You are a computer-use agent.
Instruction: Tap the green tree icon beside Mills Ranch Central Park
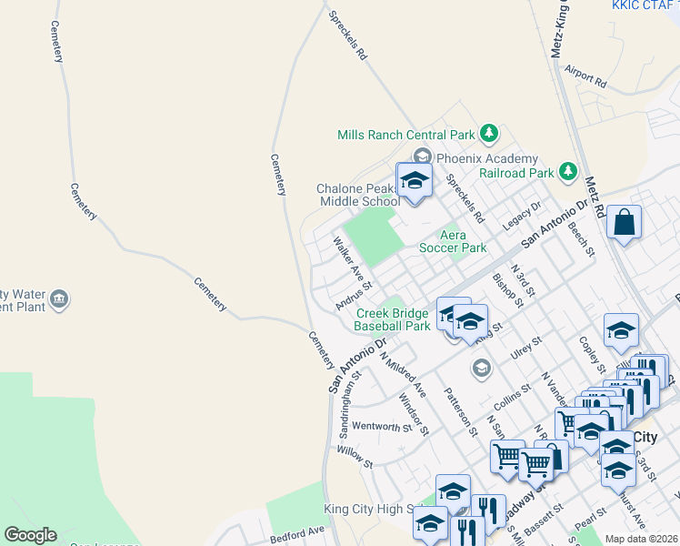[490, 134]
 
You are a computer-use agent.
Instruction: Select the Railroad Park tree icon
[568, 171]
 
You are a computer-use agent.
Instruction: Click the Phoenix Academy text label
[487, 158]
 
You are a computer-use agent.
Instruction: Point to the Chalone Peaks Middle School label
[357, 195]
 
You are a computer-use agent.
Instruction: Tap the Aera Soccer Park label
[453, 241]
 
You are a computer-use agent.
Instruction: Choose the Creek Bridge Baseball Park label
[392, 319]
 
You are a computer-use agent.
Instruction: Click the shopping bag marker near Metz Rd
[625, 223]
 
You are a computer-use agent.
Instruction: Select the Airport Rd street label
[585, 75]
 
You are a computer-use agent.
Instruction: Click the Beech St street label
[581, 238]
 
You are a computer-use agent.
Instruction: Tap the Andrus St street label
[354, 292]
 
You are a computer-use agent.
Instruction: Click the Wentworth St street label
[382, 426]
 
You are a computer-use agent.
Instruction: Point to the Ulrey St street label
[525, 345]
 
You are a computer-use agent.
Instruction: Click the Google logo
[30, 535]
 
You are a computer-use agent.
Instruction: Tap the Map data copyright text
[641, 539]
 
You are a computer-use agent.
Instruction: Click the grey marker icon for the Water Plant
[59, 298]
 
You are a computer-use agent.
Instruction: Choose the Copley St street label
[591, 354]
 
